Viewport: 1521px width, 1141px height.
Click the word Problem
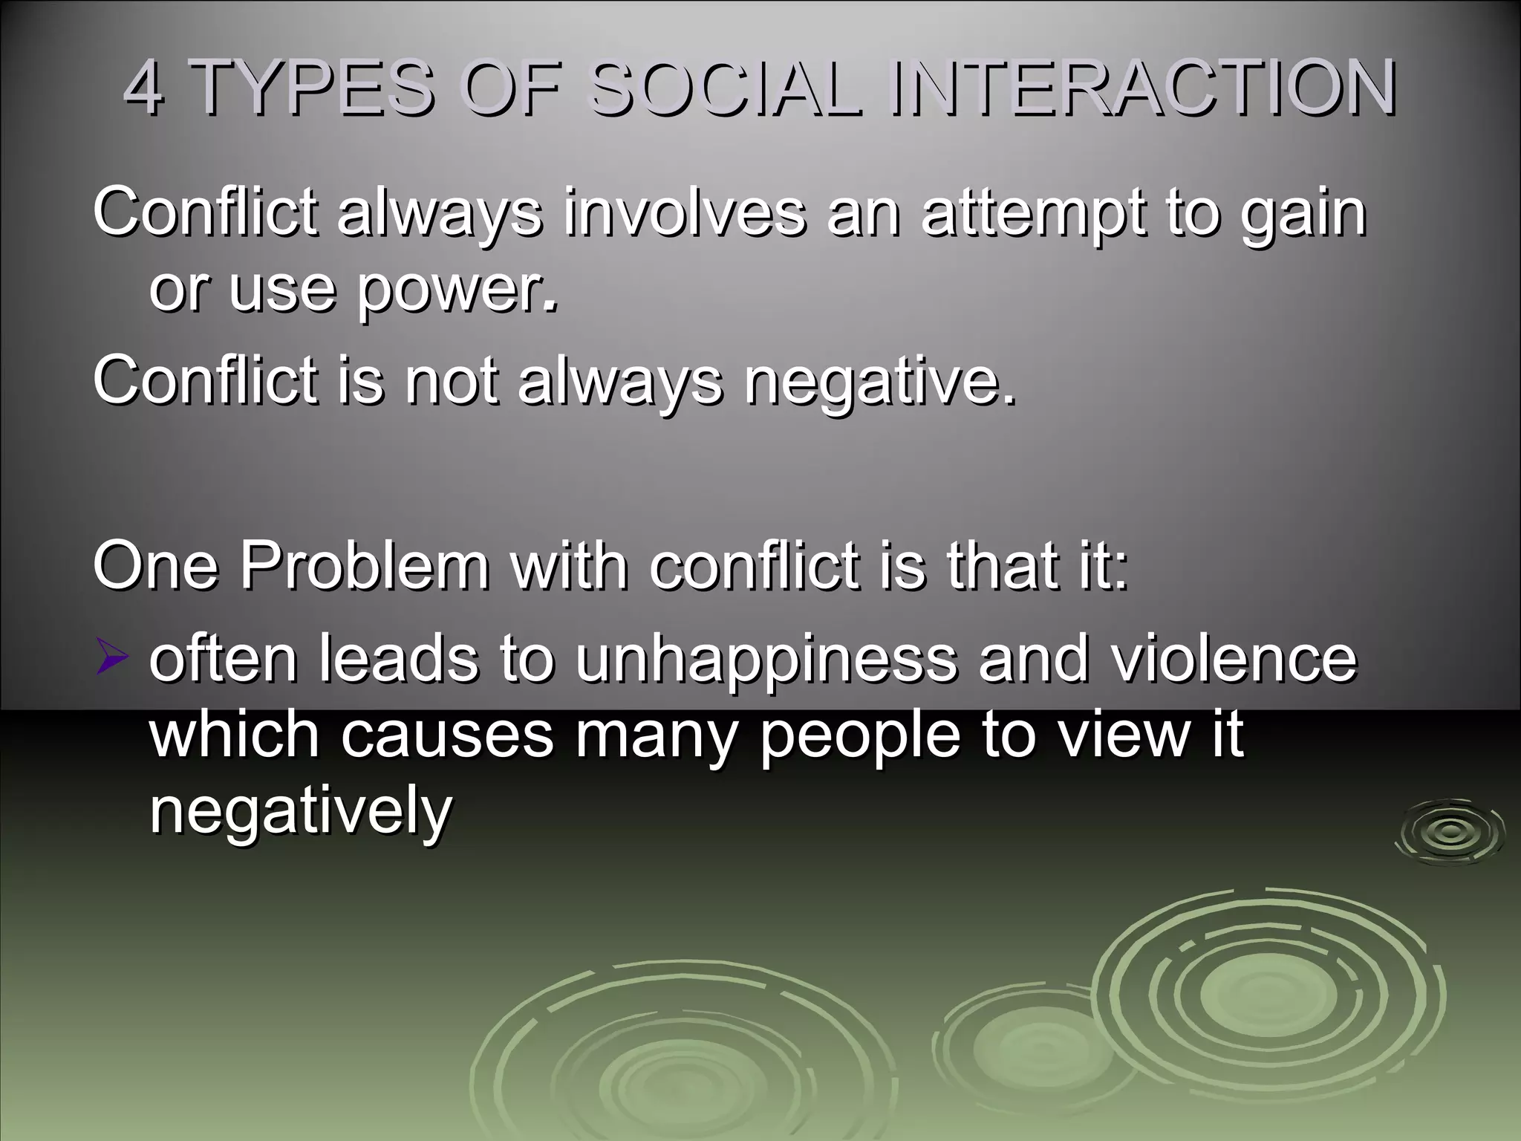(x=364, y=566)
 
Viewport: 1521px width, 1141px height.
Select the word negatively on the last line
(x=300, y=813)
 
